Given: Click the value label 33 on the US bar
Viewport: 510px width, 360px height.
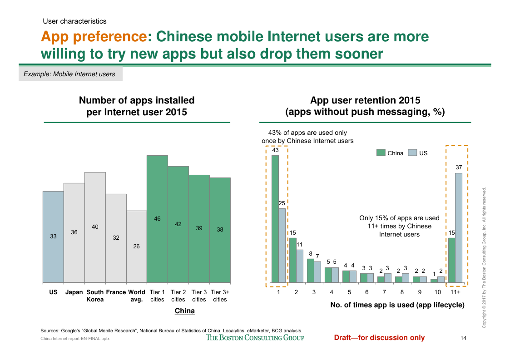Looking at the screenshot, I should pyautogui.click(x=53, y=236).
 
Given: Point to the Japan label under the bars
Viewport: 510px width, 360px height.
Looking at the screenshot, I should pyautogui.click(x=74, y=292).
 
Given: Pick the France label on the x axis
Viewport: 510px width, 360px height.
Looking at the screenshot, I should pyautogui.click(x=116, y=292).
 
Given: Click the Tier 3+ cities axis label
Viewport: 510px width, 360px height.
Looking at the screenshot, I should pyautogui.click(x=220, y=296).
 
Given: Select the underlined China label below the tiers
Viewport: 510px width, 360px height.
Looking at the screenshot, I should pyautogui.click(x=185, y=311).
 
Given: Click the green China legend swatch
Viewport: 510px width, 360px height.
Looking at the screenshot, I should pyautogui.click(x=381, y=153).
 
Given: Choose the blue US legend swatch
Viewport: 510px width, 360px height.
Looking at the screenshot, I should pyautogui.click(x=412, y=153).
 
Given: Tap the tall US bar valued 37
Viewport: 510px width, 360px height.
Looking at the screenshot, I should pyautogui.click(x=459, y=227).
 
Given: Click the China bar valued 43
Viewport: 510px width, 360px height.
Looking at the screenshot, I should pyautogui.click(x=275, y=218).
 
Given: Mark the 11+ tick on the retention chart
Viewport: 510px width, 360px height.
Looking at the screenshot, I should pyautogui.click(x=456, y=292).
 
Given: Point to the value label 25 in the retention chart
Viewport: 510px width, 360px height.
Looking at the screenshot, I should pyautogui.click(x=282, y=204).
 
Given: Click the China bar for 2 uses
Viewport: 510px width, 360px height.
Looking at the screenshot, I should pyautogui.click(x=292, y=260).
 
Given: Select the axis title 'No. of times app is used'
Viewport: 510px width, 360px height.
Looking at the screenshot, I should pyautogui.click(x=397, y=306).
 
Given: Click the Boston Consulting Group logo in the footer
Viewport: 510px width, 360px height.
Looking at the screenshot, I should pyautogui.click(x=255, y=337).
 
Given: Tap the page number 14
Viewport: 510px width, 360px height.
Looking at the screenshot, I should pyautogui.click(x=464, y=338).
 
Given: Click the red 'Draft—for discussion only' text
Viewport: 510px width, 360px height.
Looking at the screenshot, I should pyautogui.click(x=379, y=337).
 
